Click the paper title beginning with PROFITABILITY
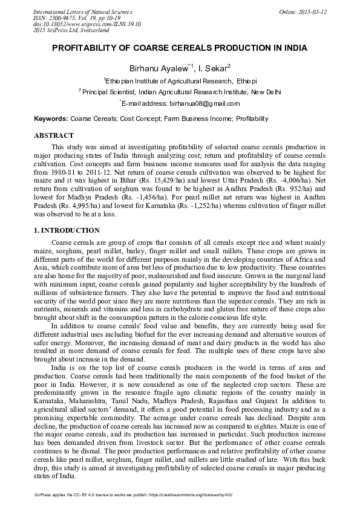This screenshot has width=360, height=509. (x=180, y=48)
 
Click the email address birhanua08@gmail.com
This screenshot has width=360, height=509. (x=190, y=104)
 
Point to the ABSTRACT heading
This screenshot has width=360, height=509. (x=54, y=135)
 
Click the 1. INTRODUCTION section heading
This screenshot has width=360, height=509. (x=66, y=230)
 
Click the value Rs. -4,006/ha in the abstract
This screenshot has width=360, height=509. (x=297, y=181)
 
